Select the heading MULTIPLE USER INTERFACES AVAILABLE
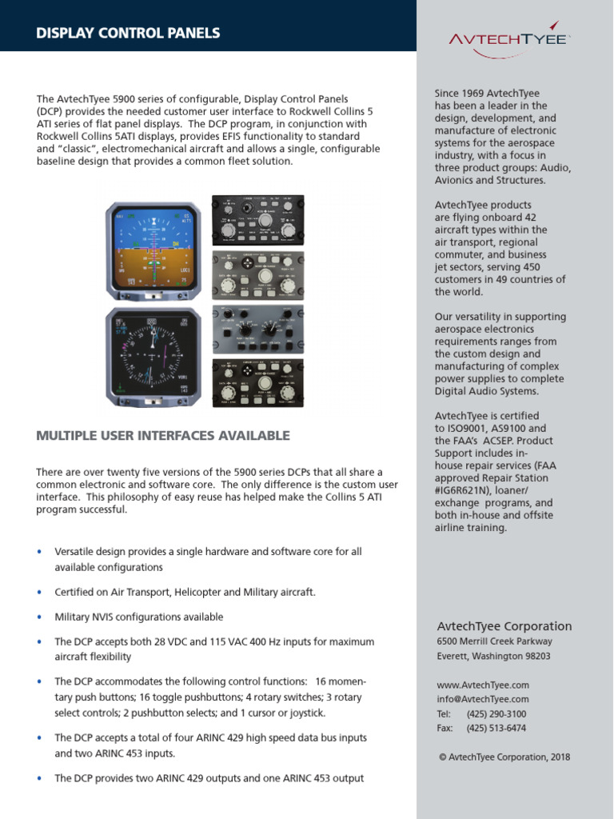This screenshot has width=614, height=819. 163,435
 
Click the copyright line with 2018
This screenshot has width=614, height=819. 504,757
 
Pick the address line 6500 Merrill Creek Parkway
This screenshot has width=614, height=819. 494,641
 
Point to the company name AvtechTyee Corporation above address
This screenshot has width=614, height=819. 504,626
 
